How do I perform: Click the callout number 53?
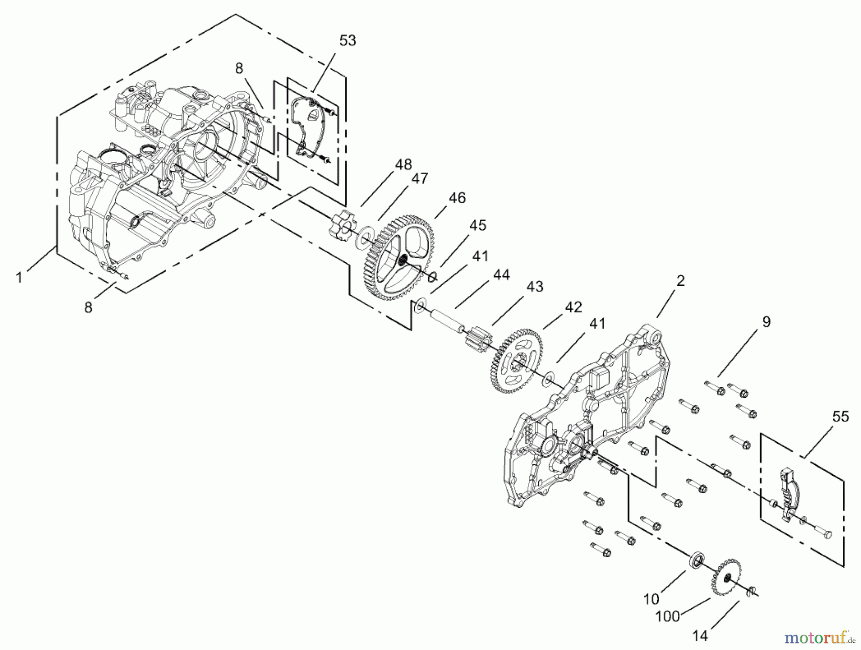[x=348, y=41]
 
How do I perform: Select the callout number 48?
[x=403, y=165]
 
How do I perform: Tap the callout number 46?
[x=457, y=198]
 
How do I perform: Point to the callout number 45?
[x=477, y=225]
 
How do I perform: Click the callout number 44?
[x=501, y=275]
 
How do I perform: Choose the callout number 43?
[x=535, y=286]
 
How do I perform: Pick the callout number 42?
[x=573, y=307]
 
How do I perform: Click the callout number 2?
[x=680, y=280]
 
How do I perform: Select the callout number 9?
[x=766, y=322]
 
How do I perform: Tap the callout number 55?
[x=840, y=416]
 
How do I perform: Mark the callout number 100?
[x=668, y=616]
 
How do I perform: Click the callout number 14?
[x=700, y=636]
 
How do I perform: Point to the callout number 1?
[x=19, y=278]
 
